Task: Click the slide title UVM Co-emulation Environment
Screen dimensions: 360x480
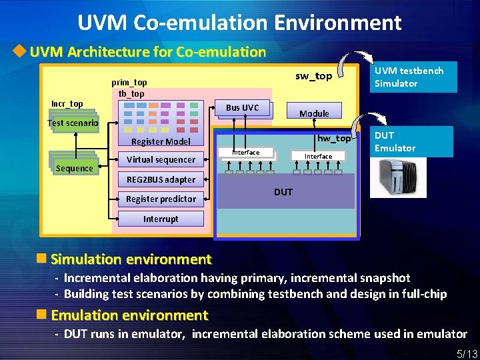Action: [x=239, y=23]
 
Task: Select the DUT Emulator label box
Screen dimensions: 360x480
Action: [x=414, y=141]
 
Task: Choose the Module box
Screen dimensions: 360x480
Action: [x=314, y=113]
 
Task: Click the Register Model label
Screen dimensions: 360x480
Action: [x=161, y=141]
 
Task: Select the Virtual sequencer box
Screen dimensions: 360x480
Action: [x=161, y=159]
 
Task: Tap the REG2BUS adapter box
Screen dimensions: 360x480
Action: [x=161, y=179]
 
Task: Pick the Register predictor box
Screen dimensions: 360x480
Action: [x=161, y=199]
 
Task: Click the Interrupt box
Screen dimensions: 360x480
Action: [x=161, y=219]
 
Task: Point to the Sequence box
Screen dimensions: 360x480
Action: [x=74, y=168]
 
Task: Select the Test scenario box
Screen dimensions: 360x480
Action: [x=73, y=123]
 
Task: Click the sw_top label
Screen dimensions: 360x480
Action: [x=313, y=76]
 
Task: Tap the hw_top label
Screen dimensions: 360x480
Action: [x=334, y=138]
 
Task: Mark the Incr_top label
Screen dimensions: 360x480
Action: [x=67, y=103]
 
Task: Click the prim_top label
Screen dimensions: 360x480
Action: [x=129, y=82]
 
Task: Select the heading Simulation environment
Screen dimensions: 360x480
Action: [x=131, y=259]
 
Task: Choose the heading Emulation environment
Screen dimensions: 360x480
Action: [x=129, y=315]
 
